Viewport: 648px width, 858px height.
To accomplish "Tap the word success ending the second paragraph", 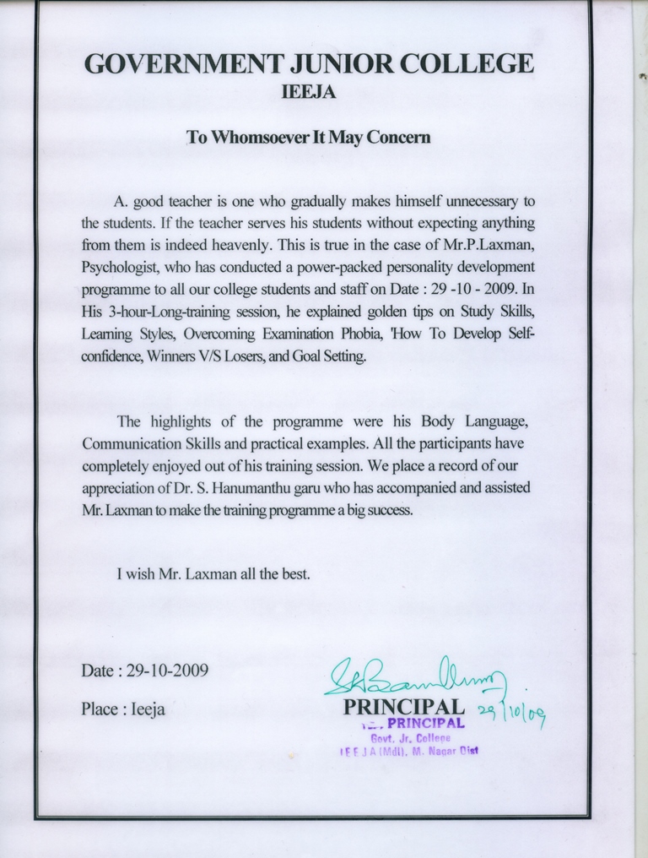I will [388, 511].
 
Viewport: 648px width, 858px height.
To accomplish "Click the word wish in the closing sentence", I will [144, 574].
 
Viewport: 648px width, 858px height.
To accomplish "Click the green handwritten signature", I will [413, 676].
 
